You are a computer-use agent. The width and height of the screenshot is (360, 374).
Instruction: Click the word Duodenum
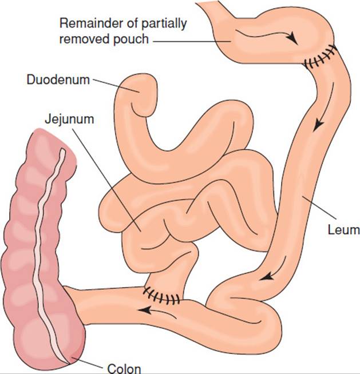[58, 79]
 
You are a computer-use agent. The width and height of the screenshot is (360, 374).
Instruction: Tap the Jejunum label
[69, 120]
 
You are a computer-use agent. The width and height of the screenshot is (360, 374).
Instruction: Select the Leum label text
[343, 230]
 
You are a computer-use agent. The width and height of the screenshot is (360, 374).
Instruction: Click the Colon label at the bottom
[124, 368]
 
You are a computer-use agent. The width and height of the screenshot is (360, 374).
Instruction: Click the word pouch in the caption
[131, 39]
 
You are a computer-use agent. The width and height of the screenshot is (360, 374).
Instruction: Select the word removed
[85, 39]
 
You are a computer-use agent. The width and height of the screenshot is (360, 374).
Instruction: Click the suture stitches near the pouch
[321, 57]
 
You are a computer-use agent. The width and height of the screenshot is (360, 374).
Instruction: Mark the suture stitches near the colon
[161, 296]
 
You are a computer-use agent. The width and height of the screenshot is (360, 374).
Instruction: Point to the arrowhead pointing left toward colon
[144, 310]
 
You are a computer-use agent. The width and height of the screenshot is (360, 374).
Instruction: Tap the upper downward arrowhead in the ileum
[318, 125]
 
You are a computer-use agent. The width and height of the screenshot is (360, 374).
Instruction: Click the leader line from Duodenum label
[116, 86]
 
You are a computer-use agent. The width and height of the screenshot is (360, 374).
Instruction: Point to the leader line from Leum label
[319, 207]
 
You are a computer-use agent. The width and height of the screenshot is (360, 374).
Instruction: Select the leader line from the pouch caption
[192, 42]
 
